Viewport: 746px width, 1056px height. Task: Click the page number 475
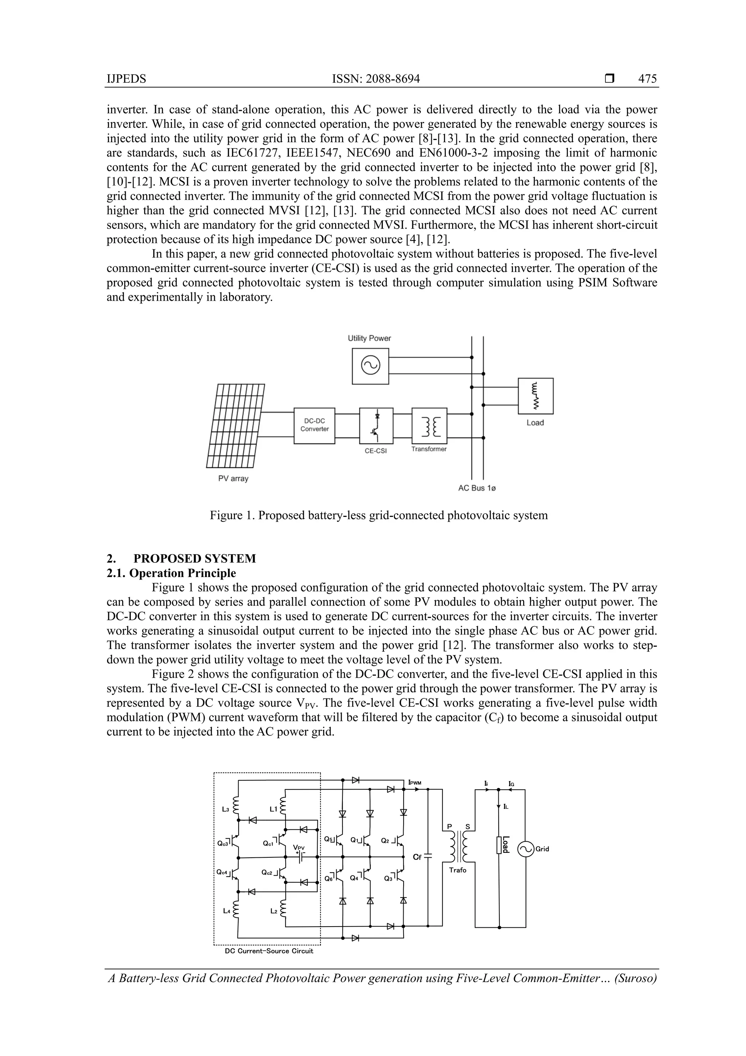(647, 79)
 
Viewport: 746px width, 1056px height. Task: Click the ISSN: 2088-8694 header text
(376, 79)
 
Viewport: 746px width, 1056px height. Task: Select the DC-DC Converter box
(314, 425)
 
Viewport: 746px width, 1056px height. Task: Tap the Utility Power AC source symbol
(370, 366)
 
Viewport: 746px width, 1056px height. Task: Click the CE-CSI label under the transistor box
(376, 451)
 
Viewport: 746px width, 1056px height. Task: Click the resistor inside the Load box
(535, 395)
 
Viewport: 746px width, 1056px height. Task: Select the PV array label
(233, 478)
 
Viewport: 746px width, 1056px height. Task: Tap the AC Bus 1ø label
(477, 488)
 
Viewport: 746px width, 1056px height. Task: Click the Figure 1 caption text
(378, 515)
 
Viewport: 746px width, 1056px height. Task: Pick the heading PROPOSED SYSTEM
(195, 558)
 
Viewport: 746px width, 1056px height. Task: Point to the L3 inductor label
(225, 809)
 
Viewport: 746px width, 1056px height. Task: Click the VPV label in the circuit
(299, 847)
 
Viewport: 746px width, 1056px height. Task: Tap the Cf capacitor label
(417, 857)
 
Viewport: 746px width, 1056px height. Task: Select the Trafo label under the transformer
(458, 870)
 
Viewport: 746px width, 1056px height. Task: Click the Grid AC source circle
(525, 849)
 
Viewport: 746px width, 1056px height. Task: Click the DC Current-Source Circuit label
(269, 951)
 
